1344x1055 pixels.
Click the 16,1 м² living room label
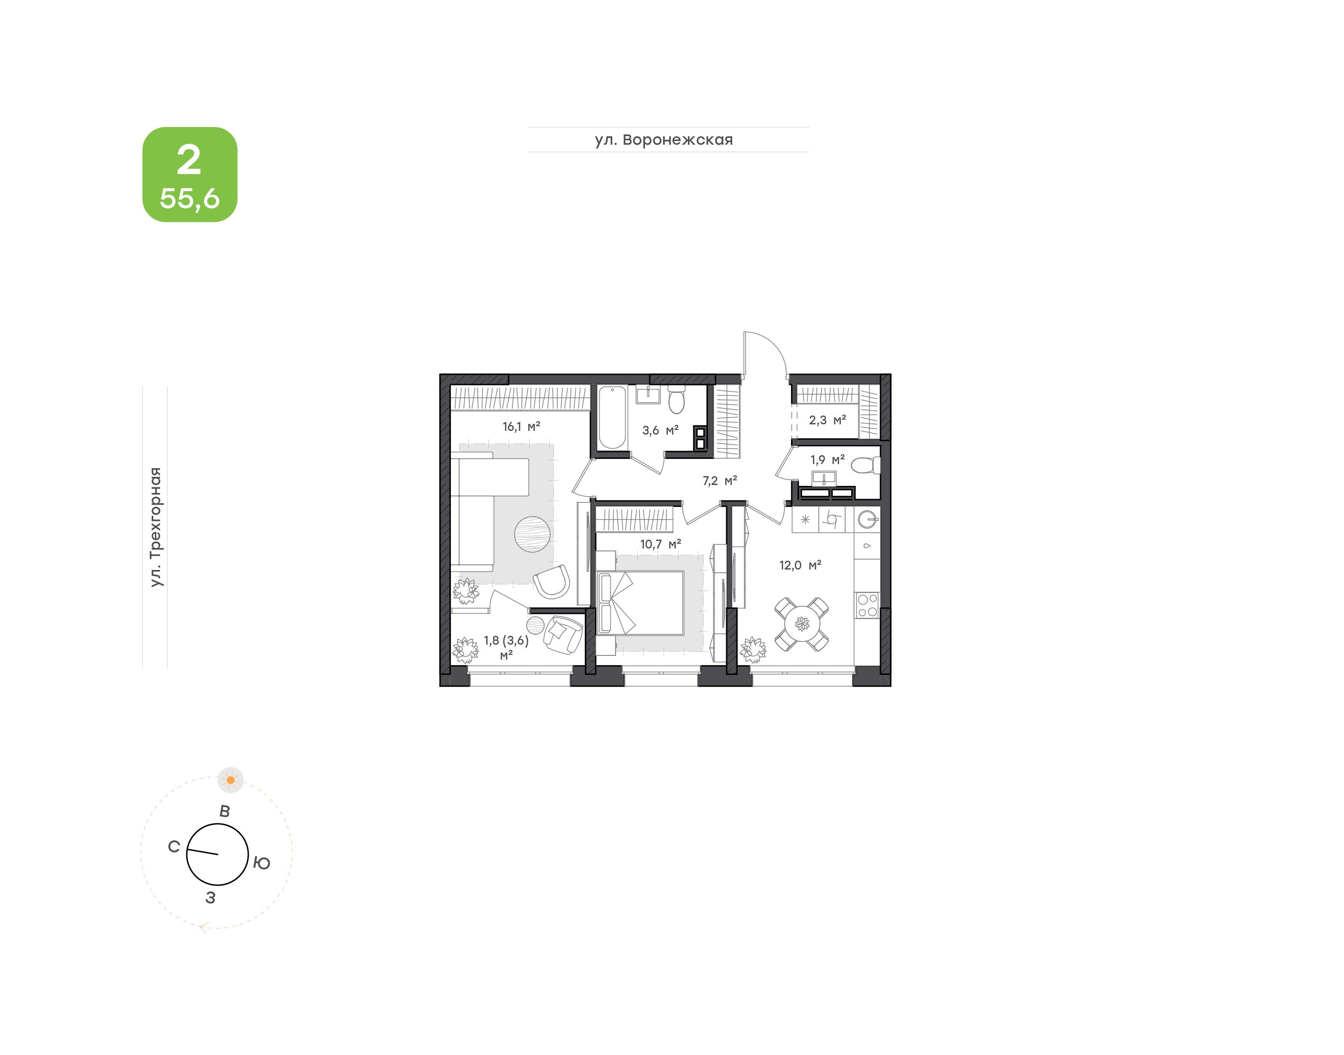521,427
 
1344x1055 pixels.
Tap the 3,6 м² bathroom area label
660,430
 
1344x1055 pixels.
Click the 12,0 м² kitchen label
800,565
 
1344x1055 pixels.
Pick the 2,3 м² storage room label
827,420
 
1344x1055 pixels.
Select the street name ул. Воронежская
664,140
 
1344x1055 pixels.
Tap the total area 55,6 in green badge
189,198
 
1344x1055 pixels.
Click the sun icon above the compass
230,780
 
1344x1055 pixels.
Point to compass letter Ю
262,864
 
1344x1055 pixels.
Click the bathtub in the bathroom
612,417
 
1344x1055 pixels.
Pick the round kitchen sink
868,520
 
